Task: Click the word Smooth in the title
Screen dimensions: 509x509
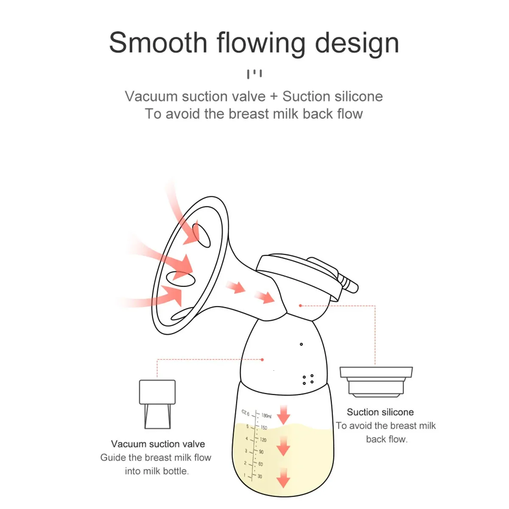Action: tap(158, 43)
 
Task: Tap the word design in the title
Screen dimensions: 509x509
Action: tap(357, 44)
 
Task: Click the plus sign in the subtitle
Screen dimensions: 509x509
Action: tap(274, 96)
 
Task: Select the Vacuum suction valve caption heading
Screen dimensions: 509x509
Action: tap(158, 444)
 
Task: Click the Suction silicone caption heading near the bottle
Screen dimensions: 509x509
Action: tap(380, 412)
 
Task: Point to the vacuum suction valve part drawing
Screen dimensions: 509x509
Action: tap(157, 404)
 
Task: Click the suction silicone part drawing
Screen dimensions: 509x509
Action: tap(376, 382)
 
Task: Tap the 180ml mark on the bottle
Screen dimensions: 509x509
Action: tap(266, 416)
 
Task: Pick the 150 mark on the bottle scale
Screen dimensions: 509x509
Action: tap(264, 428)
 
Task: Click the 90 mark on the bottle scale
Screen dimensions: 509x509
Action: tap(261, 452)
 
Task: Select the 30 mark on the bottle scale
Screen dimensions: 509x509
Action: tap(260, 476)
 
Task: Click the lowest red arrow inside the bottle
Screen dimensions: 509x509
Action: tap(283, 478)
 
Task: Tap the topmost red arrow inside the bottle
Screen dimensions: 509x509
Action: tap(283, 414)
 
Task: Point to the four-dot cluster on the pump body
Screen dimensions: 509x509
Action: tap(308, 379)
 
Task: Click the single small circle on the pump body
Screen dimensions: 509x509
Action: tap(301, 344)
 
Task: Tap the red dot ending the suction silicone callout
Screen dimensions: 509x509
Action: tap(300, 305)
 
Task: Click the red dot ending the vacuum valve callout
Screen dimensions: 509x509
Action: tap(262, 360)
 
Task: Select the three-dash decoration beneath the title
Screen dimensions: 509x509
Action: tap(254, 74)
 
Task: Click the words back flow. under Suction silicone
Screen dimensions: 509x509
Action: tap(386, 439)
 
